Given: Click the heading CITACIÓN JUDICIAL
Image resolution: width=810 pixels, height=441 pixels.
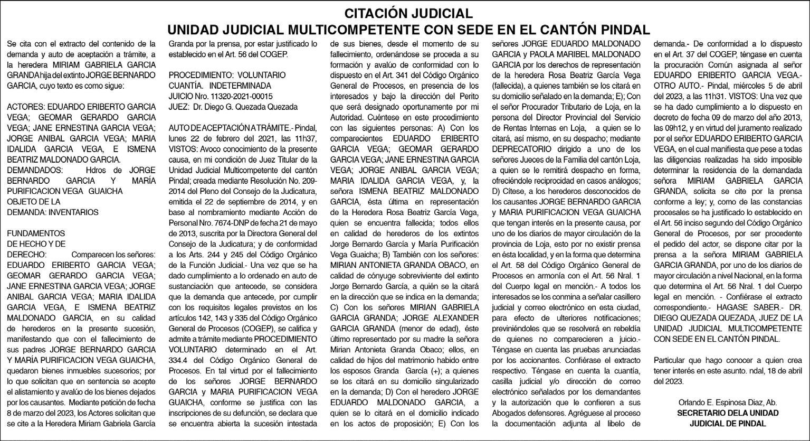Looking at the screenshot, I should click(405, 13).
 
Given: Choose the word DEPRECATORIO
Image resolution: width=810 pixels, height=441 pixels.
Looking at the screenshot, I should click(520, 149).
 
